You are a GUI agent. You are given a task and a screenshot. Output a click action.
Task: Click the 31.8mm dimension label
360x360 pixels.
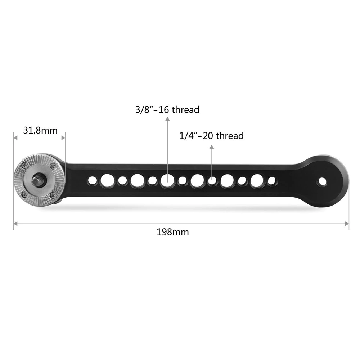click(40, 130)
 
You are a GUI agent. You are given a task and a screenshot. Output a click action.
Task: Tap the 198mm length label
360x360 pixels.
click(173, 232)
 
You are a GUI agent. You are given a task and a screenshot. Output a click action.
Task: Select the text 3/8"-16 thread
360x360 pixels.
click(167, 109)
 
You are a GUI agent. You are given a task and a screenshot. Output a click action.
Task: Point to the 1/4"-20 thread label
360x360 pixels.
click(211, 136)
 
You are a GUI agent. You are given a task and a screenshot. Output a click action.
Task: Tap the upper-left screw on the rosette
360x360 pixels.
click(24, 165)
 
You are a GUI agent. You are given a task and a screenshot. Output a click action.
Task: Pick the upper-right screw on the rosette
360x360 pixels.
click(54, 165)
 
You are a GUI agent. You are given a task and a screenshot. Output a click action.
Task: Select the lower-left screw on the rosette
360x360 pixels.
click(24, 194)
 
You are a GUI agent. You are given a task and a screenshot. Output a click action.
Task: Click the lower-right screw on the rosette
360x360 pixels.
click(54, 195)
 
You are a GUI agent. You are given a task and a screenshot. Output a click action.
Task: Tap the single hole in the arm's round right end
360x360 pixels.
click(322, 182)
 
